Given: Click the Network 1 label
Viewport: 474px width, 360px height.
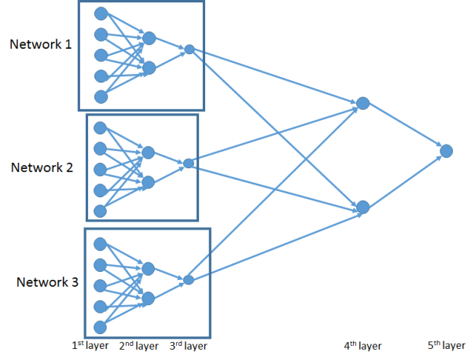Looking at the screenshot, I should click(41, 44).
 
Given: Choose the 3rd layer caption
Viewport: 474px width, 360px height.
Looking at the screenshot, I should click(189, 345).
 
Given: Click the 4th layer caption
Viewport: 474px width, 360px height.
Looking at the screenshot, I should click(362, 345).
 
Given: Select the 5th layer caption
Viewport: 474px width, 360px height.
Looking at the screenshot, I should click(446, 345).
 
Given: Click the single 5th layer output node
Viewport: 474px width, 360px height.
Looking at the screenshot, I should click(446, 150).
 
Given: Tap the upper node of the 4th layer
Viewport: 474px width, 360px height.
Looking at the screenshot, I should click(362, 103).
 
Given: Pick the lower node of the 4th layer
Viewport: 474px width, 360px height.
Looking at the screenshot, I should click(362, 208).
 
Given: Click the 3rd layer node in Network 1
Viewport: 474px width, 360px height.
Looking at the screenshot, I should click(189, 50).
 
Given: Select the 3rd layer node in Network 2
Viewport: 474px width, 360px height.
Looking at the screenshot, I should click(188, 163).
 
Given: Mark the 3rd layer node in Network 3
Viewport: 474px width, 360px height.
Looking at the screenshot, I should click(189, 280).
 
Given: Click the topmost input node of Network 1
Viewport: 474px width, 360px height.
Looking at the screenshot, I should click(100, 13).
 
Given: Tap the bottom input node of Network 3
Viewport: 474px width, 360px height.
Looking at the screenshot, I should click(100, 326).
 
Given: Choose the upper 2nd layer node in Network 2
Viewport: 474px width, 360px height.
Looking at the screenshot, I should click(148, 152).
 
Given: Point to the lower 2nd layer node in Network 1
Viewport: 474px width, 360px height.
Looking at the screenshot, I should click(149, 68).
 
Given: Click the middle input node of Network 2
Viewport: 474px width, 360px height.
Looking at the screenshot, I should click(100, 169).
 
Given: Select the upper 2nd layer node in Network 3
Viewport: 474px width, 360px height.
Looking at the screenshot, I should click(148, 269).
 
